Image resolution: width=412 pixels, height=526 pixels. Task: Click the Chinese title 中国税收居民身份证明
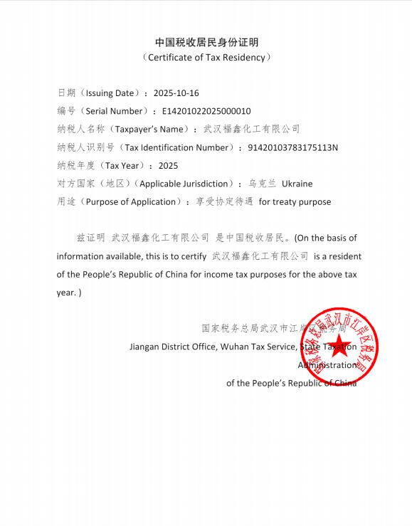click(x=206, y=42)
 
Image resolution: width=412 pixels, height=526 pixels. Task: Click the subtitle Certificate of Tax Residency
click(x=206, y=57)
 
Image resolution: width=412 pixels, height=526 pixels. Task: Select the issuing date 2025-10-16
click(x=176, y=93)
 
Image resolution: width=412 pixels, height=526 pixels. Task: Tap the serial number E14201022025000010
click(x=206, y=111)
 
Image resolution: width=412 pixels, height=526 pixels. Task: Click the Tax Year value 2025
click(x=168, y=166)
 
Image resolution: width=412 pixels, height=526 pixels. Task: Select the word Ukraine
click(x=297, y=184)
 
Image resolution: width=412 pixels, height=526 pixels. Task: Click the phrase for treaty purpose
click(x=295, y=201)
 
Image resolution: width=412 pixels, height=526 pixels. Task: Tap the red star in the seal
click(x=340, y=347)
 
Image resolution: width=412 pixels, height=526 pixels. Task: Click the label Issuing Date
click(x=112, y=93)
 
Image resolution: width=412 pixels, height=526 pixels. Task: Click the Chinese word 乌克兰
click(x=263, y=184)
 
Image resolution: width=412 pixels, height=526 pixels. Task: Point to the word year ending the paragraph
click(x=65, y=292)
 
